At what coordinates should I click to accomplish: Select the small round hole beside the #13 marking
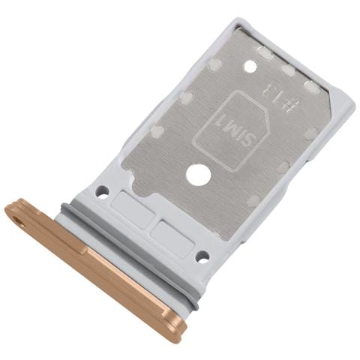click(x=250, y=66)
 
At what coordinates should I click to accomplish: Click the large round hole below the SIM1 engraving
click(x=199, y=176)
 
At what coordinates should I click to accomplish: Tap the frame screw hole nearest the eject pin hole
click(x=101, y=192)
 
